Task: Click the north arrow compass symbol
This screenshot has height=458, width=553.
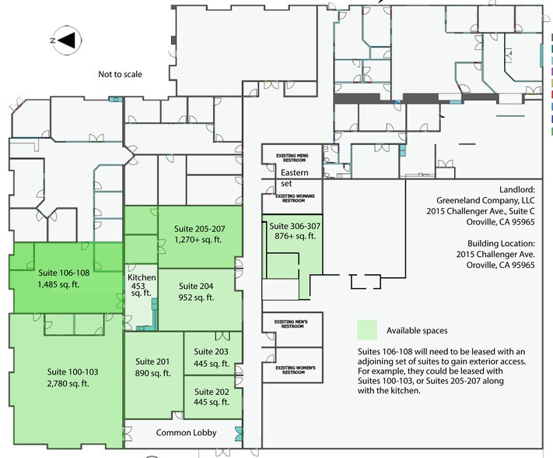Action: point(65,39)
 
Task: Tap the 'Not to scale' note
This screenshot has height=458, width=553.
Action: point(121,75)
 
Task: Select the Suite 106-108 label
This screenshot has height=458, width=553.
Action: point(65,280)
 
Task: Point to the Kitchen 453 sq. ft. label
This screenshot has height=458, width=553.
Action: point(142,285)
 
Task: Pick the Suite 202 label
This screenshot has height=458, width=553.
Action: point(210,397)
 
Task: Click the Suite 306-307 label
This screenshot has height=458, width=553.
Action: point(291,231)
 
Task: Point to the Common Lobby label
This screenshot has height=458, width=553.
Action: point(186,432)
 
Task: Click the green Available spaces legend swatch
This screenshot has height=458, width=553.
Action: point(367,329)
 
